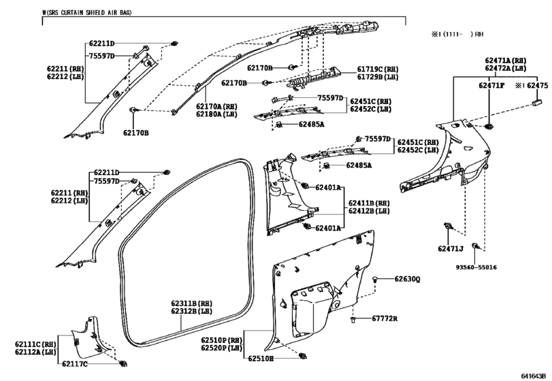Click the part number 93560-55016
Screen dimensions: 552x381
[476, 267]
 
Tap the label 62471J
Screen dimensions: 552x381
[451, 249]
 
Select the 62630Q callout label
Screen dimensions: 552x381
[407, 280]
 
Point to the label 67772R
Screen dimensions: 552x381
[385, 318]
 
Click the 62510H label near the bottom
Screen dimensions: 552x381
[261, 359]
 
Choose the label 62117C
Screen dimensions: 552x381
[75, 364]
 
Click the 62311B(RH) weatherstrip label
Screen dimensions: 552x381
[192, 303]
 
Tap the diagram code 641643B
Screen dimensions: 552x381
[534, 376]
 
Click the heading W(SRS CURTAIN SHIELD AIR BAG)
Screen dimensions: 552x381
[87, 13]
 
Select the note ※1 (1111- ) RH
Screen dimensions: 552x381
[457, 34]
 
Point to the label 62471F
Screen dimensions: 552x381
[491, 86]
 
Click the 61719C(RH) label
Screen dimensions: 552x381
[378, 69]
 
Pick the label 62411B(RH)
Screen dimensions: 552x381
[370, 203]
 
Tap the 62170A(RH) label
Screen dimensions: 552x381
[217, 107]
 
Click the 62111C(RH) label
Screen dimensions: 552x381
[35, 344]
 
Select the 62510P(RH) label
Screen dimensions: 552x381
[222, 341]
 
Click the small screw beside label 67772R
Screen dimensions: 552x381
[353, 319]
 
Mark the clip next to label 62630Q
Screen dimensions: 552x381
[375, 280]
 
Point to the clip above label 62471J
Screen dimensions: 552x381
[448, 226]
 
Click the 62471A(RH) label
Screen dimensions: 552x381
[506, 61]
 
